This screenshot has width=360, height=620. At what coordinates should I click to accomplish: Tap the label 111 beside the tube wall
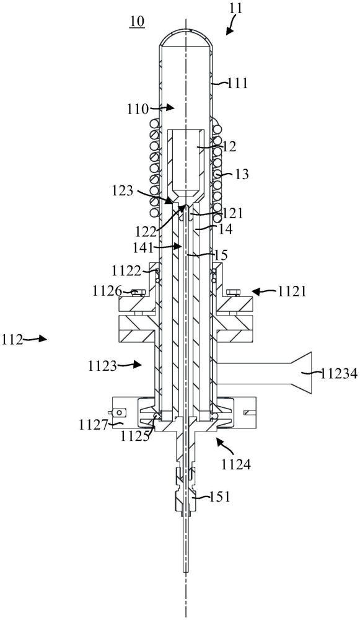pyautogui.click(x=237, y=84)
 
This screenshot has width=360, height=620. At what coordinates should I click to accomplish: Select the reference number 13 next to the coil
pyautogui.click(x=242, y=174)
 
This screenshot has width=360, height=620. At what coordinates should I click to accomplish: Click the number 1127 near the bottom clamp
pyautogui.click(x=93, y=425)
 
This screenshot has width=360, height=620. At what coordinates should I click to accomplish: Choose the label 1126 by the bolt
pyautogui.click(x=107, y=292)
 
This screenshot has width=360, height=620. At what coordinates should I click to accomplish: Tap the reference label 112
pyautogui.click(x=12, y=339)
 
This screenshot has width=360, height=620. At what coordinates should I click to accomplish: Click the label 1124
pyautogui.click(x=237, y=464)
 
